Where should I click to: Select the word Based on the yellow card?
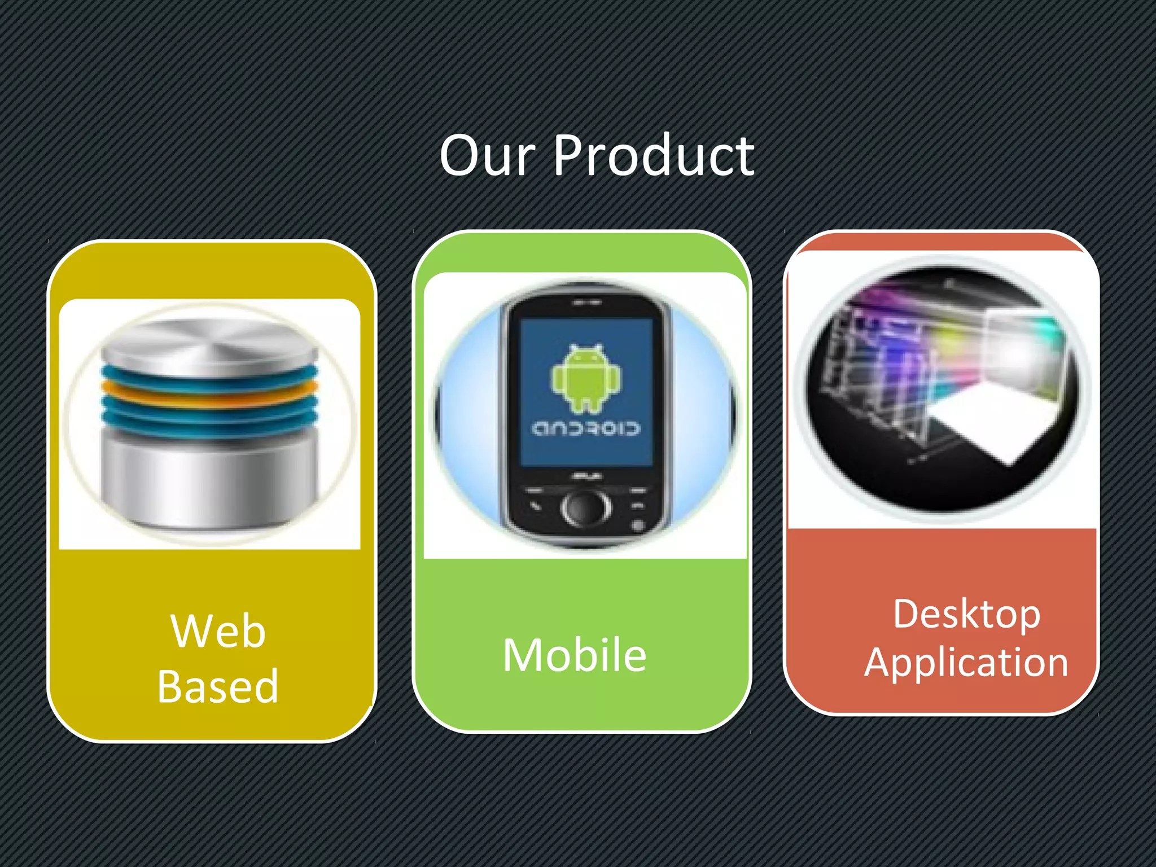coord(218,686)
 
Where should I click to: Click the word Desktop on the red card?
coord(966,614)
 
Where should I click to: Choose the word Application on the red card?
coord(966,662)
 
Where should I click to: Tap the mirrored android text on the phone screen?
coord(586,429)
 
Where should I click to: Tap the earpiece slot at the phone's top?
coord(586,303)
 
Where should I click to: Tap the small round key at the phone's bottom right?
coord(638,525)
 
